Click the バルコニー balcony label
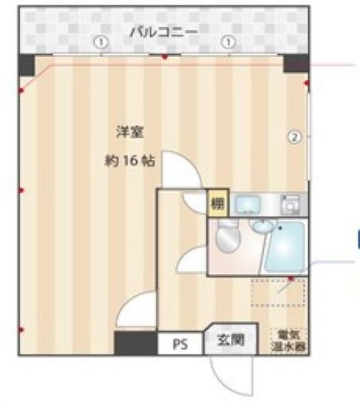click(x=164, y=34)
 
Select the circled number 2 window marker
click(x=294, y=137)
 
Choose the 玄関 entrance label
click(x=231, y=340)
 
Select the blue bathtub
click(x=287, y=248)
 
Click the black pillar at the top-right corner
click(x=296, y=63)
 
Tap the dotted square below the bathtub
click(x=279, y=292)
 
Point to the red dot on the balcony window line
click(x=165, y=57)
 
